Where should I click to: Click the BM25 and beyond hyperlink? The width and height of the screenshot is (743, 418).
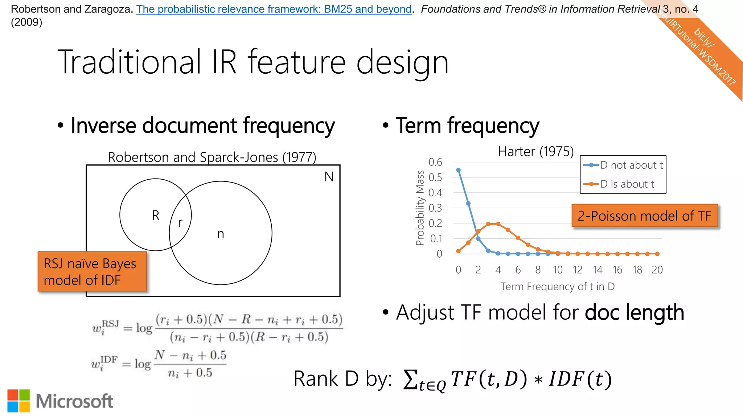[274, 9]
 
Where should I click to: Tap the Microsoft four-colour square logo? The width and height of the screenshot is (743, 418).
[19, 401]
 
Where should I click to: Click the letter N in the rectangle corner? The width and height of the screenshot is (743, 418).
[329, 177]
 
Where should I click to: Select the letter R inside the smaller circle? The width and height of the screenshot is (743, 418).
[155, 215]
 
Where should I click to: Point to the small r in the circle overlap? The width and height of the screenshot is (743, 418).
[180, 222]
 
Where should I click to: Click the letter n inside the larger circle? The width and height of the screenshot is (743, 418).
[221, 234]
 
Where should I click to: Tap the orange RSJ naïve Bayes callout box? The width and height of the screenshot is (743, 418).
[92, 271]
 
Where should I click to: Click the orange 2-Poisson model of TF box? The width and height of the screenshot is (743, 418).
[645, 216]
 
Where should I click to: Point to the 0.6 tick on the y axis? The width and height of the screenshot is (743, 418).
[435, 162]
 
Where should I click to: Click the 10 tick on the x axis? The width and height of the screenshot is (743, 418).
[558, 270]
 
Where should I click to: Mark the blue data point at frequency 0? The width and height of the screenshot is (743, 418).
[458, 170]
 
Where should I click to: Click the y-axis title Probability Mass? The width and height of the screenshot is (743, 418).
[420, 208]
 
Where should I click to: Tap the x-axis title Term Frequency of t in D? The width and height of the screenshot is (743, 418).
[558, 287]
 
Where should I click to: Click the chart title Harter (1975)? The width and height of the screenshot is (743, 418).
[535, 151]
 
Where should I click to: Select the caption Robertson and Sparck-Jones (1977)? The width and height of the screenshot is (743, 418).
[212, 157]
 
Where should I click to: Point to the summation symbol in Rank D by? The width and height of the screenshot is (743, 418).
[410, 379]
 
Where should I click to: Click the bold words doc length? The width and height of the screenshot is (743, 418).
[634, 312]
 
